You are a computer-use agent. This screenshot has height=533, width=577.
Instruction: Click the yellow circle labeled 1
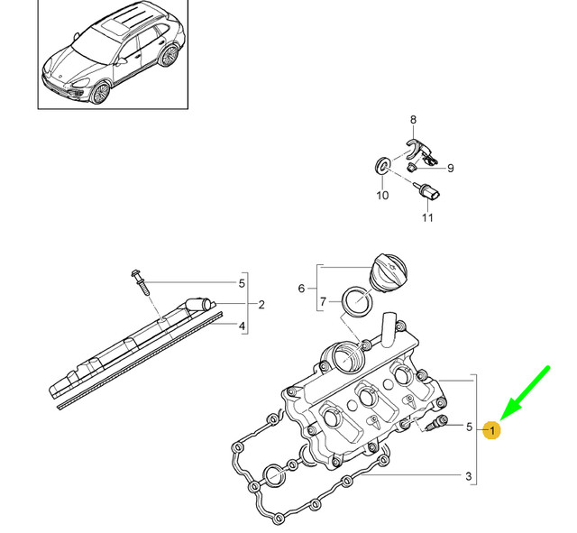491,430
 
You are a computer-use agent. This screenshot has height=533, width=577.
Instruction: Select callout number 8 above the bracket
413,120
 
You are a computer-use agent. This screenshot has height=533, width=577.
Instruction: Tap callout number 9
450,168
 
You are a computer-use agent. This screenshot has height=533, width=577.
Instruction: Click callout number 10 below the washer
381,195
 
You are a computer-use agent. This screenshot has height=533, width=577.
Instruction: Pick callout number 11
427,217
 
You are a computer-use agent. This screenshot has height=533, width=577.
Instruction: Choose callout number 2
261,305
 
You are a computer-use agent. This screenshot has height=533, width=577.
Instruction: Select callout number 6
302,288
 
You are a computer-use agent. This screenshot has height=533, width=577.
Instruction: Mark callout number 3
468,476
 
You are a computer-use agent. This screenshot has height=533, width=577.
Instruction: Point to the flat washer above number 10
381,166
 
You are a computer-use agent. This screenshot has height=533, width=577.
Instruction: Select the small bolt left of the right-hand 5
439,425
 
